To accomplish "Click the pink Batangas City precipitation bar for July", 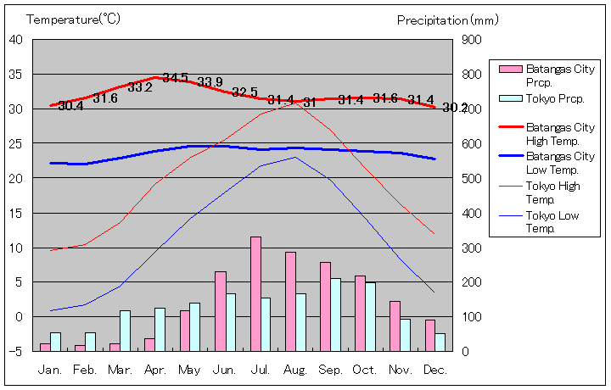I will pos(255,293).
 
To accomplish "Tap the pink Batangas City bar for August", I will pos(290,301).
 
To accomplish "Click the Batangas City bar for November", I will pos(395,326).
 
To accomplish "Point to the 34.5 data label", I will pos(176,78).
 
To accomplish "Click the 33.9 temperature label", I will pos(210,82).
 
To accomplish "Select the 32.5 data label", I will pos(244,92).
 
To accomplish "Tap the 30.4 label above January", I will pos(71,106).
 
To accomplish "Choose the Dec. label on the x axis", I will pos(435,370).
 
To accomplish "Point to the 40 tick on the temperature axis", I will pos(17,39).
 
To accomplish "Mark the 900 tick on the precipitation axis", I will pos(473,40).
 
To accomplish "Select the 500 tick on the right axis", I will pos(473,179).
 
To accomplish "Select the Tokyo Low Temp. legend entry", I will pos(552,221).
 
